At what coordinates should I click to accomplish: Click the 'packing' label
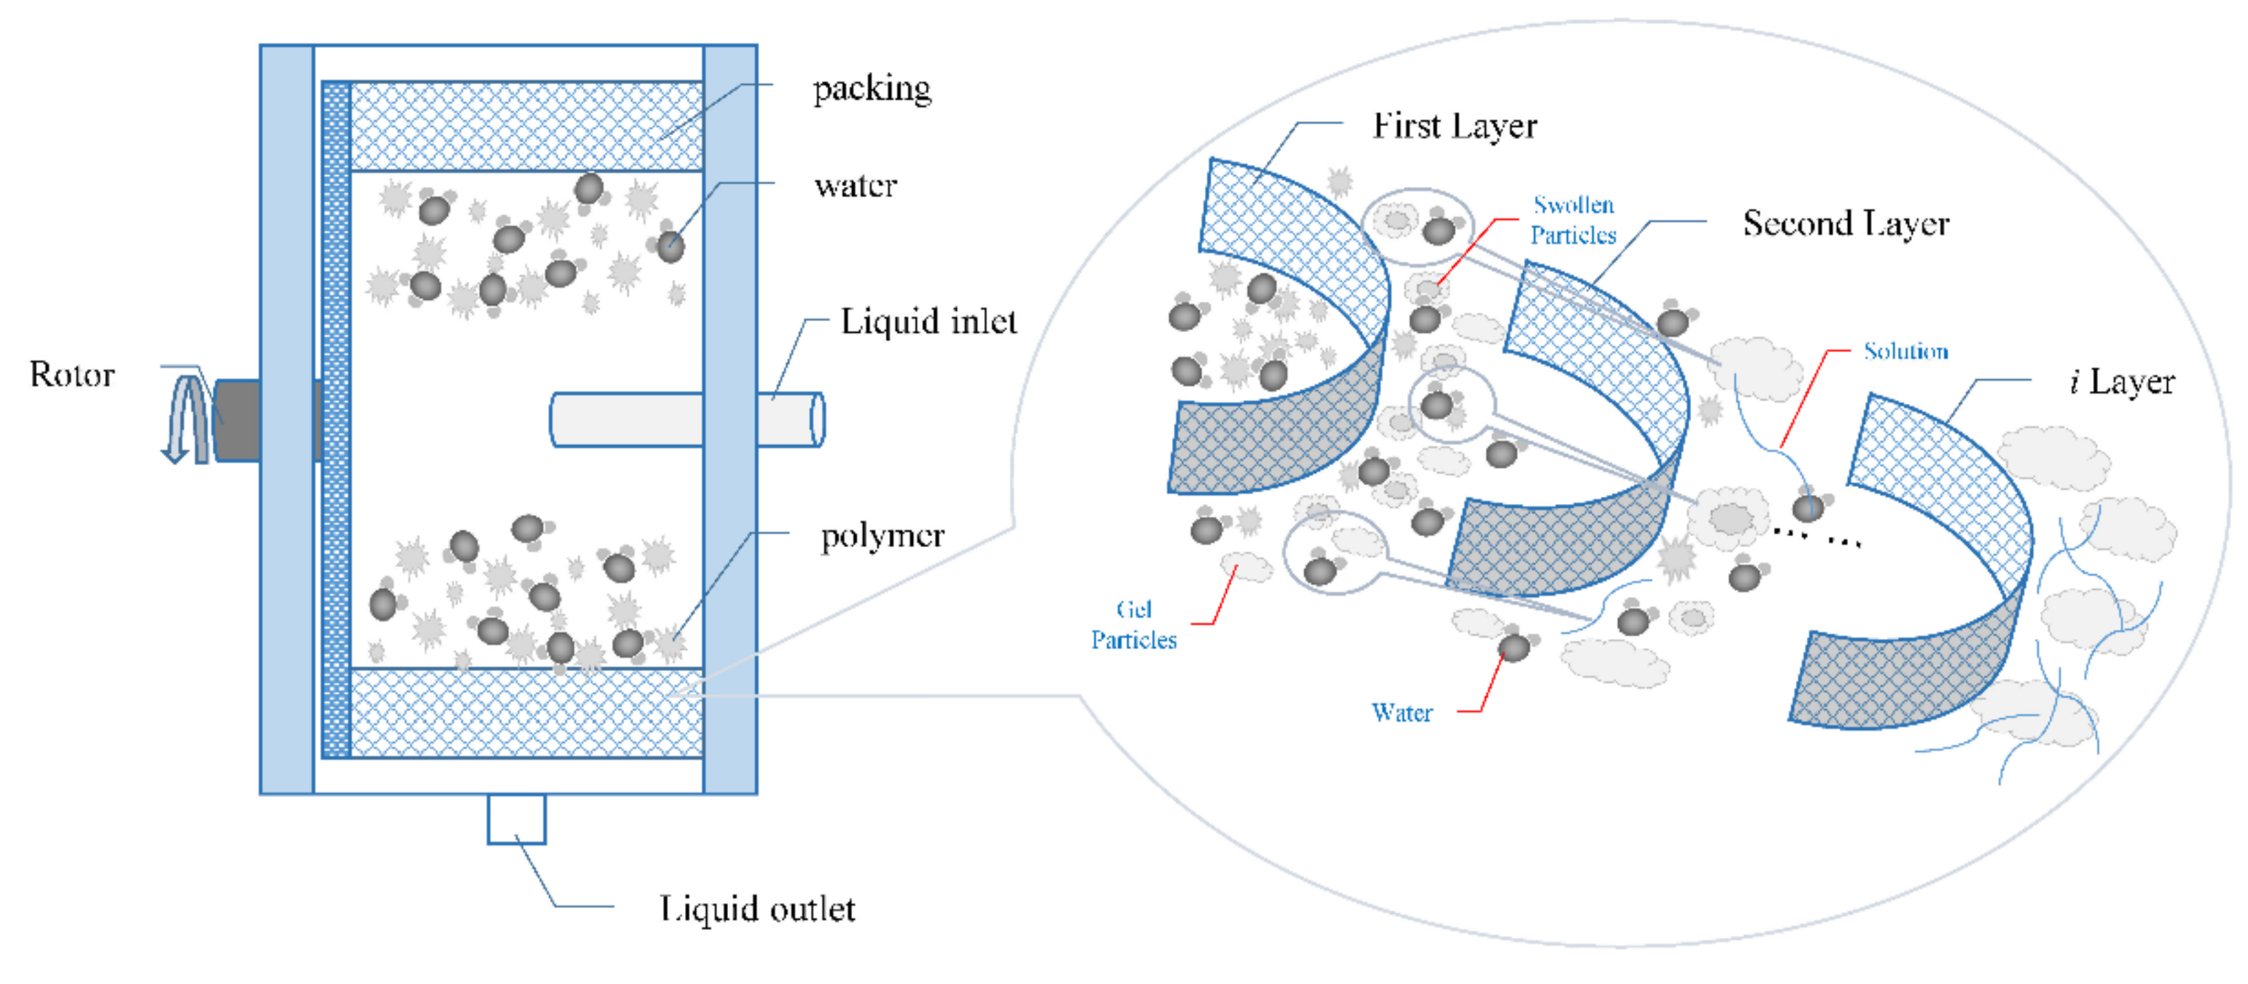point(871,89)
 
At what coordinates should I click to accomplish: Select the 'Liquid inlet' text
point(927,322)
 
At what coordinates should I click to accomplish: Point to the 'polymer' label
point(882,535)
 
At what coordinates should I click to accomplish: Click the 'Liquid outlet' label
point(757,909)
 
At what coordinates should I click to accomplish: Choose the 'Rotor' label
point(71,375)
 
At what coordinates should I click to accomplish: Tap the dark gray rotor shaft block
point(238,420)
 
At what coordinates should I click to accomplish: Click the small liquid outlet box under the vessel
point(516,818)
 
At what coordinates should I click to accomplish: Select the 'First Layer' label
point(1454,127)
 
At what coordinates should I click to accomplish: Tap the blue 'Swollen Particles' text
point(1573,220)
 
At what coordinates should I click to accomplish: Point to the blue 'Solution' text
point(1905,351)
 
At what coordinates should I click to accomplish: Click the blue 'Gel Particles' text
point(1133,625)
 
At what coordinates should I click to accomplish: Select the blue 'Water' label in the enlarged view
point(1401,713)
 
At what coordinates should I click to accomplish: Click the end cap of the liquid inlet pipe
point(817,420)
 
